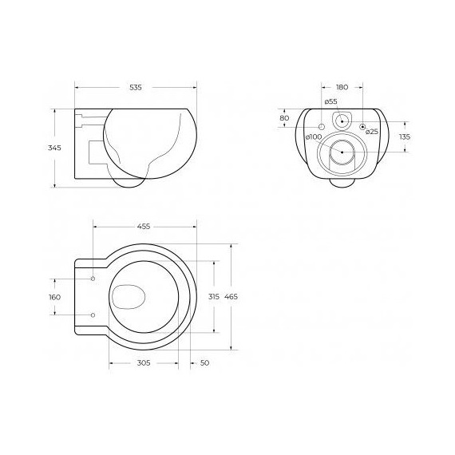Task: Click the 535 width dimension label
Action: point(136,87)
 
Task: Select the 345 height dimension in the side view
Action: point(54,148)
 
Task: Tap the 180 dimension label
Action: point(342,87)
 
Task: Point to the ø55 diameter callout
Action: point(330,101)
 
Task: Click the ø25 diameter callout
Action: point(372,132)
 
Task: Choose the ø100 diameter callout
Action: point(314,136)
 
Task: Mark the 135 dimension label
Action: point(405,136)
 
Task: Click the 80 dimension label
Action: point(284,118)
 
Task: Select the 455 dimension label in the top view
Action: point(144,227)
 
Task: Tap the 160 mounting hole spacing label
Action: point(54,297)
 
